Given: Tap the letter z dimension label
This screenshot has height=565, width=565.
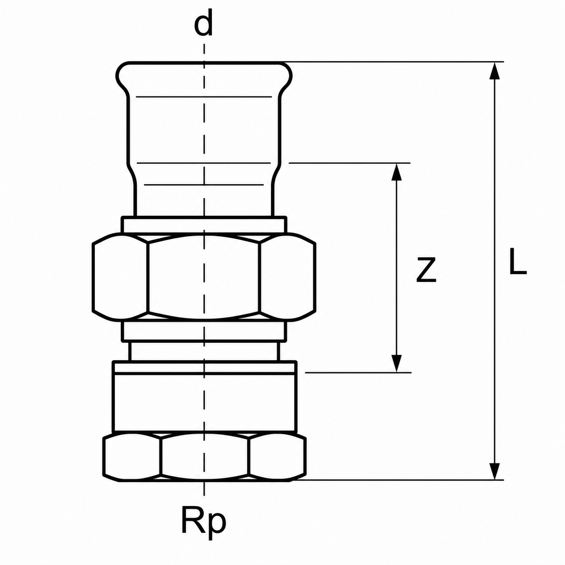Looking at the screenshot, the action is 427,269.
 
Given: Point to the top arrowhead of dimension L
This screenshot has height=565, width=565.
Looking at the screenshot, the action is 495,70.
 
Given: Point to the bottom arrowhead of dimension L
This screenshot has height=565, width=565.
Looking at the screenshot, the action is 495,471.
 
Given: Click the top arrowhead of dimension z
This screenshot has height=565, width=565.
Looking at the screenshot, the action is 396,172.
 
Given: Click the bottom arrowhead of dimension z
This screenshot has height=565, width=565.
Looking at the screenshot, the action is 396,364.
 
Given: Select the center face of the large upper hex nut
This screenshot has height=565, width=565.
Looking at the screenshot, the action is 204,277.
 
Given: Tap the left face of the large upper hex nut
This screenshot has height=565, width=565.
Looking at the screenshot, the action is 120,277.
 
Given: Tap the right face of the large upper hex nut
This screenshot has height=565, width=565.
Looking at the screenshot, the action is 287,277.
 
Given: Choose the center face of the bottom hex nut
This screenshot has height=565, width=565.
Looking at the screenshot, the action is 205,456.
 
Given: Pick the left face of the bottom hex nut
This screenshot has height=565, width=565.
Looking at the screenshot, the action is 132,457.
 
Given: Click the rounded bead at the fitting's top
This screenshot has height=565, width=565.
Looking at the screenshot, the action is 204,76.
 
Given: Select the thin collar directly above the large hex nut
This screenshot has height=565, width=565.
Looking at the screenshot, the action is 204,225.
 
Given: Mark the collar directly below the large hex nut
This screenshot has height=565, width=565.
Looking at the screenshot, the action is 204,331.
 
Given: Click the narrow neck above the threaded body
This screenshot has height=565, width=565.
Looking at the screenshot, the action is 204,351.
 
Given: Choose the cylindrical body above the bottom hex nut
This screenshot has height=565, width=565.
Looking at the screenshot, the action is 205,402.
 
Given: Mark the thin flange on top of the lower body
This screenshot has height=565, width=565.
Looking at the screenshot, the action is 205,367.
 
